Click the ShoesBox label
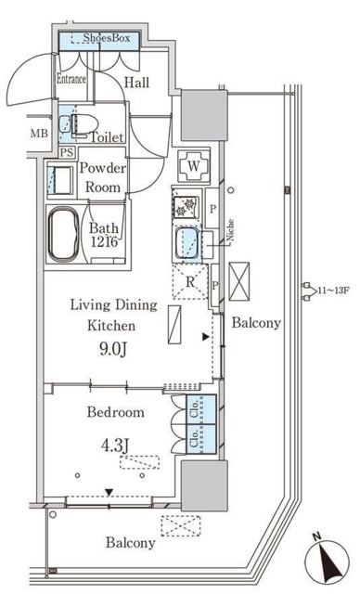point(107,38)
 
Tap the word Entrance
point(71,79)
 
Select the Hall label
point(136,83)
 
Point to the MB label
point(39,134)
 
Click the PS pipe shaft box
point(67,152)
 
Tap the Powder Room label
point(103,177)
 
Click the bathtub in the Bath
point(64,235)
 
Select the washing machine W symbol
point(193,166)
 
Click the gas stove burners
point(186,206)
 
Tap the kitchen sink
point(187,243)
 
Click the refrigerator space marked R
point(190,282)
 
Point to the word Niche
point(230,231)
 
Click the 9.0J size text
point(113,349)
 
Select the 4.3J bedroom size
point(115,445)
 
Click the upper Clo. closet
point(201,408)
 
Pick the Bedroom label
point(115,412)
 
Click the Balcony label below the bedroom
point(131,543)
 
